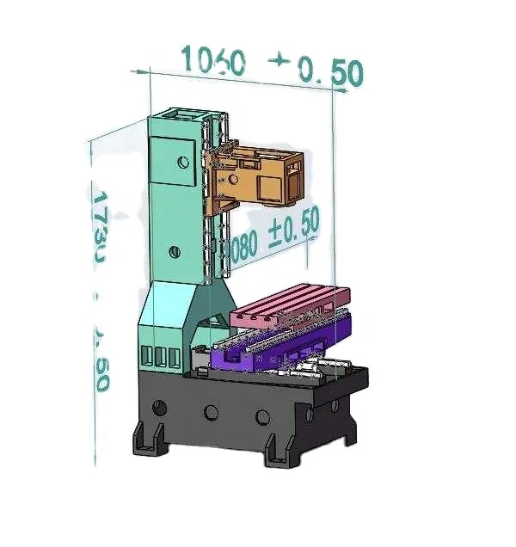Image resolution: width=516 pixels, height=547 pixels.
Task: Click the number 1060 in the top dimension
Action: pyautogui.click(x=212, y=61)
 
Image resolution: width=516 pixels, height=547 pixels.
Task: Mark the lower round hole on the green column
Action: pyautogui.click(x=175, y=251)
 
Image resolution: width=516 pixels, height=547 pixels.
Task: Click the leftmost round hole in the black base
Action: pyautogui.click(x=159, y=406)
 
